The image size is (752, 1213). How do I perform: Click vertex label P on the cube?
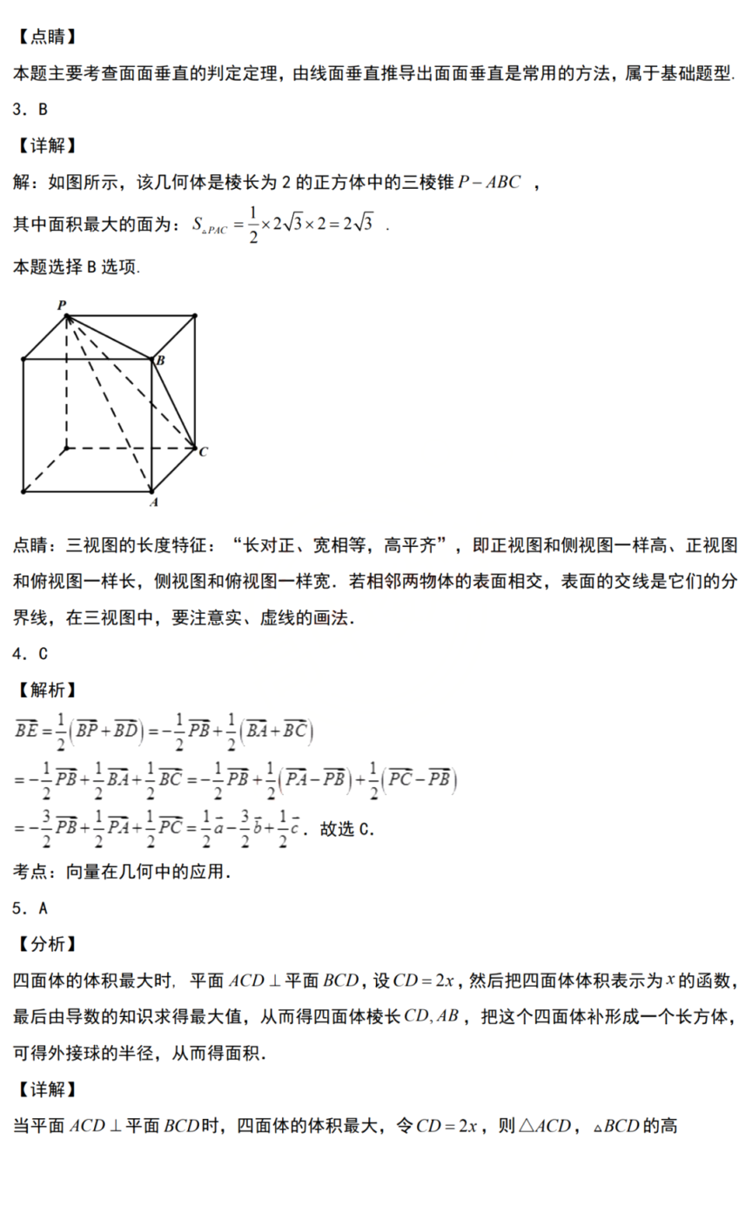[x=62, y=304]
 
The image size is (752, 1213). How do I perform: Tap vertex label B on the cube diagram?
[x=160, y=359]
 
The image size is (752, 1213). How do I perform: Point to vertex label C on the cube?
[x=202, y=451]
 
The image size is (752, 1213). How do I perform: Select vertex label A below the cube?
[x=153, y=502]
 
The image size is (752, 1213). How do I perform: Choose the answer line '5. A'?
[x=30, y=908]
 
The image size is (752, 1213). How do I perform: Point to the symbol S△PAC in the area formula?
[x=209, y=226]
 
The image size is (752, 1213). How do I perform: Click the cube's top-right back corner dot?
[x=195, y=315]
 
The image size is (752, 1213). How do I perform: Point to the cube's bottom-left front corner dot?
[x=23, y=491]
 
